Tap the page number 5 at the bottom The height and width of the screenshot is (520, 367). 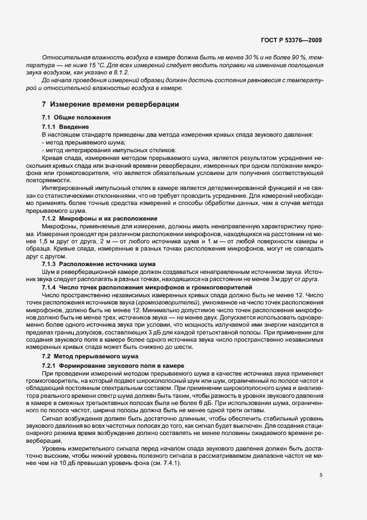tap(321, 475)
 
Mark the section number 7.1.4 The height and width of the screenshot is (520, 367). tap(49, 287)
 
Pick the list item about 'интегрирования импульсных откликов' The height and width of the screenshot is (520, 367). tap(109, 150)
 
